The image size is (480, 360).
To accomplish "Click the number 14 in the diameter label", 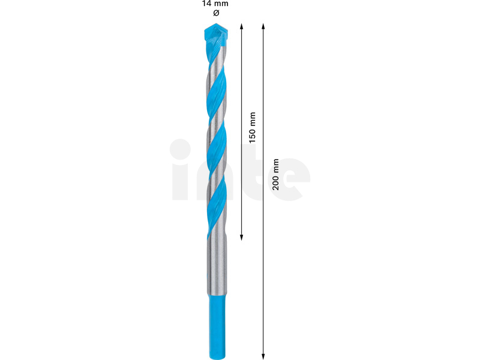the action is click(x=206, y=4).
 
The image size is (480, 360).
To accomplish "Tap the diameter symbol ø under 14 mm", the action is click(x=216, y=13).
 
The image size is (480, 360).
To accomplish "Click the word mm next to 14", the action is click(x=221, y=4).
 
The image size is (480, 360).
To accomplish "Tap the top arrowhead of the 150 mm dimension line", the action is click(x=241, y=26).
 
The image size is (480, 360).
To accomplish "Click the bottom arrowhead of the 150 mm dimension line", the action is click(x=241, y=237).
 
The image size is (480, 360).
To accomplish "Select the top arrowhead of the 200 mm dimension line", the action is click(x=263, y=26).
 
